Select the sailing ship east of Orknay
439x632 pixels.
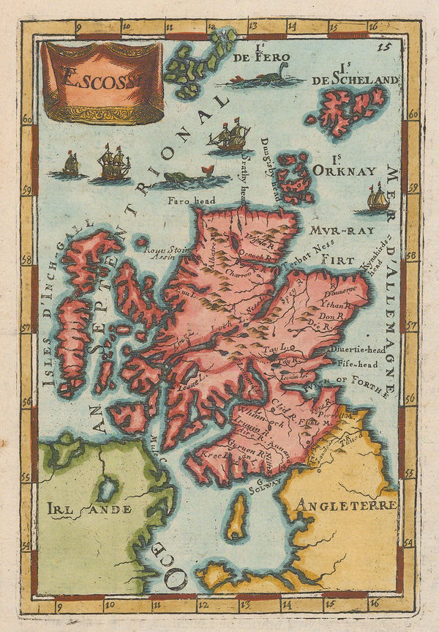click(x=377, y=198)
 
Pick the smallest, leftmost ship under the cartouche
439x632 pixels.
click(x=70, y=164)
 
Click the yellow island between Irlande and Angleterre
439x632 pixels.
click(x=236, y=516)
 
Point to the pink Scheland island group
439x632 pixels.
click(x=347, y=110)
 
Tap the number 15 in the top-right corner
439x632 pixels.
click(x=381, y=49)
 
